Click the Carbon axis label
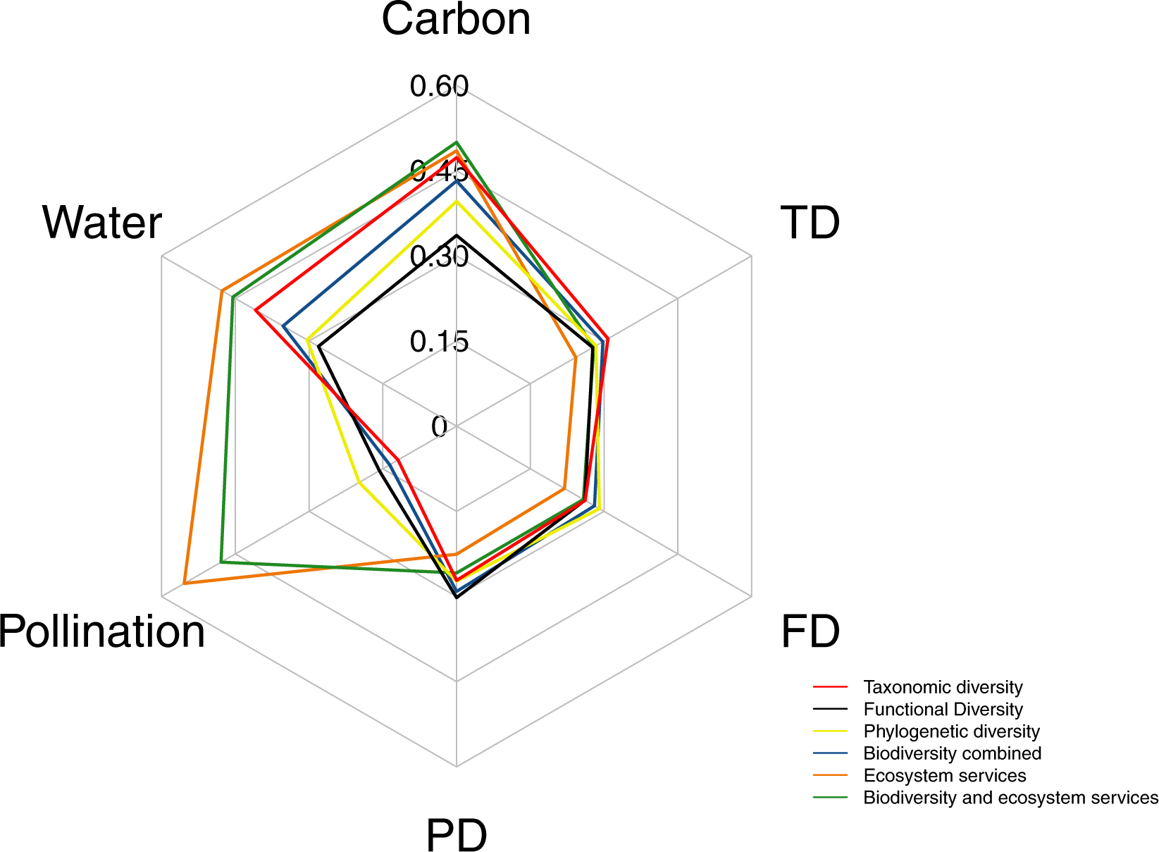coord(456,20)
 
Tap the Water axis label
coord(102,223)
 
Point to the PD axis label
coord(457,836)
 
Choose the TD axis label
coord(810,223)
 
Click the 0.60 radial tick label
coord(439,87)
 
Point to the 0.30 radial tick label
coord(439,257)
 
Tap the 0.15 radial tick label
coord(439,342)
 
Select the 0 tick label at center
coord(440,427)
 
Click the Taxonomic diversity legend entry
coord(943,687)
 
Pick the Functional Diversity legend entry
coord(943,710)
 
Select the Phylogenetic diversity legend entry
coord(951,731)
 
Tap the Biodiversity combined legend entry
coord(952,753)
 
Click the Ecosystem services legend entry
coord(944,776)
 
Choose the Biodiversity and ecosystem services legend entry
coord(1010,798)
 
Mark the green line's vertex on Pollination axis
coord(221,562)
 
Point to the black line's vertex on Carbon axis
coord(457,235)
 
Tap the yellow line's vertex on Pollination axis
coord(359,483)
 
